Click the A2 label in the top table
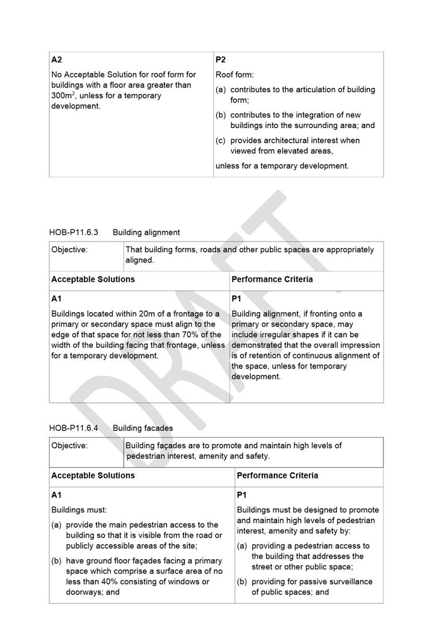click(57, 60)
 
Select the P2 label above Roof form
click(221, 60)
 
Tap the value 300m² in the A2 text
click(62, 96)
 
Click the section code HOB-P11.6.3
click(74, 232)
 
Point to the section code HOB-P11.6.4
click(74, 428)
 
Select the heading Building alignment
click(146, 232)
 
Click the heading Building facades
click(143, 428)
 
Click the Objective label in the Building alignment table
click(69, 250)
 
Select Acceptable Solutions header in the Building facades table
click(93, 476)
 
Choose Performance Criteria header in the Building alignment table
click(272, 279)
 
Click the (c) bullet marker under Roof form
click(221, 140)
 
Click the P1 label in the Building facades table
click(242, 495)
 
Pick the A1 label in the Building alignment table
click(57, 299)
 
